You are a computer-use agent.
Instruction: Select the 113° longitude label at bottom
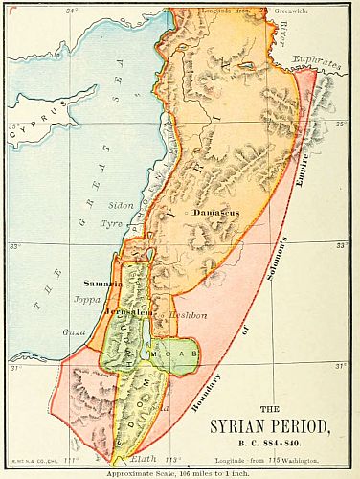click(172, 460)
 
